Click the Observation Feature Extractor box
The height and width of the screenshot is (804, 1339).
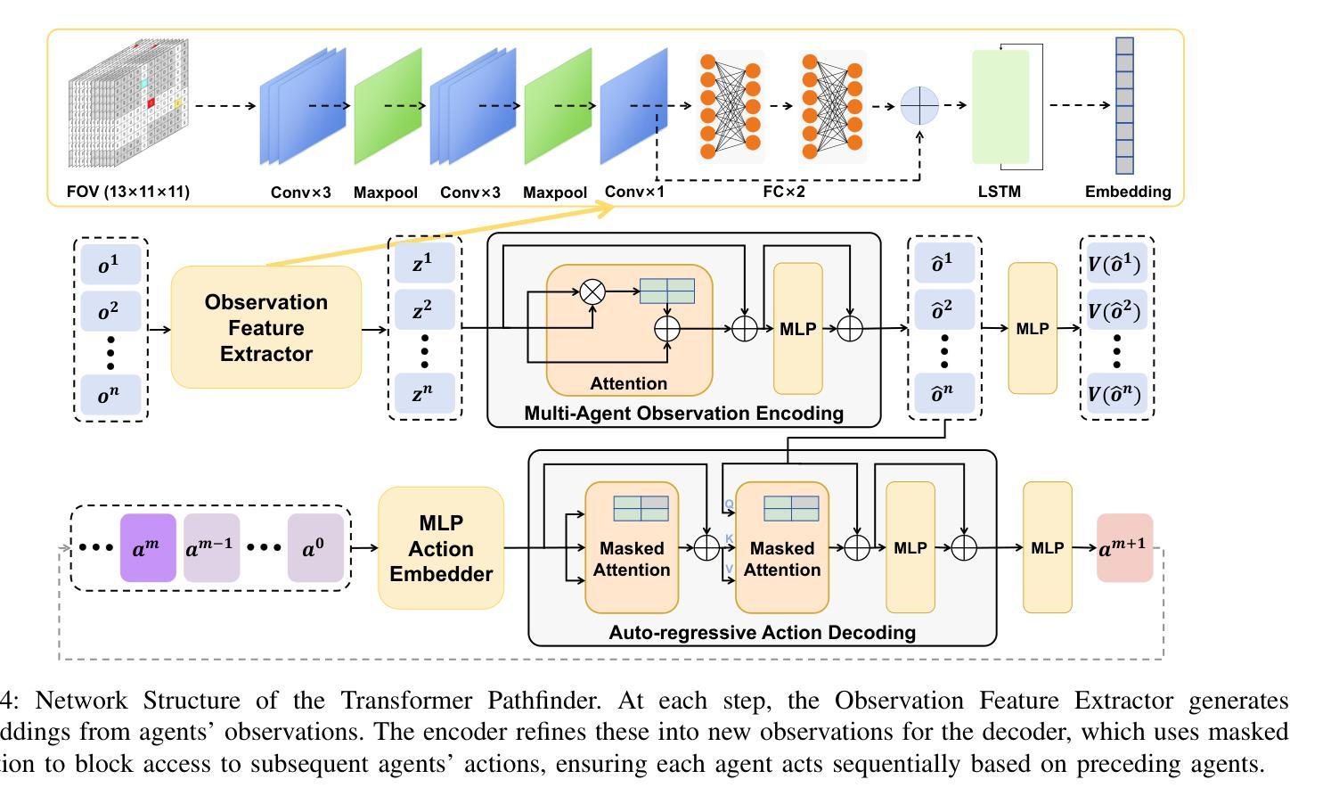(265, 327)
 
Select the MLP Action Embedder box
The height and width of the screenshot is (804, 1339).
(441, 548)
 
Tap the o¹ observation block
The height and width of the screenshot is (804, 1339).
(110, 265)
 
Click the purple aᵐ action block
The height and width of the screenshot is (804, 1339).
(148, 548)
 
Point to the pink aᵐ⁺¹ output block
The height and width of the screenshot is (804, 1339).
(1124, 548)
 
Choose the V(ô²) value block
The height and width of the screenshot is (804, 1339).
(1116, 311)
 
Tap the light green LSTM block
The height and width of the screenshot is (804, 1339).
(1000, 107)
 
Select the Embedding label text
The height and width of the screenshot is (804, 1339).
(1127, 192)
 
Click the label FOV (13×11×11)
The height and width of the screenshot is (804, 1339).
(128, 192)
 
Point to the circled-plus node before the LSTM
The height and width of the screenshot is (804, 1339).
(919, 106)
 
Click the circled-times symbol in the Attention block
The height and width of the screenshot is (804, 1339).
(592, 291)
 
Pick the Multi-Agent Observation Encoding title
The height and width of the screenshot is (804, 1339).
(683, 414)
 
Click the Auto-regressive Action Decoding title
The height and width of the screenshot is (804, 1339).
(762, 633)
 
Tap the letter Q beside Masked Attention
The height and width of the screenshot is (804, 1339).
(729, 505)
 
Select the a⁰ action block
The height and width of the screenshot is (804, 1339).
(315, 548)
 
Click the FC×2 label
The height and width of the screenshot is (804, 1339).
(784, 192)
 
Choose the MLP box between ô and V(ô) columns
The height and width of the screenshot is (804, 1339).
(1032, 328)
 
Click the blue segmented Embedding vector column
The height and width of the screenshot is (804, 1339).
(1124, 106)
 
